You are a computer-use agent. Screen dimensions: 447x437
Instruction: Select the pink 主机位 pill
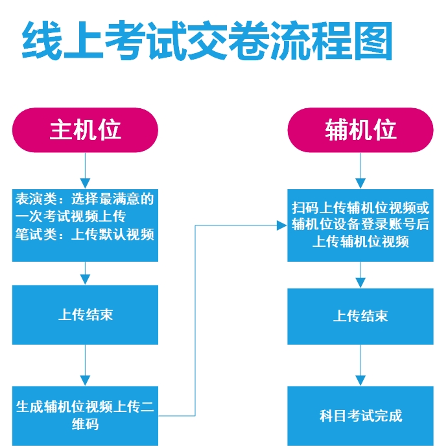pos(86,130)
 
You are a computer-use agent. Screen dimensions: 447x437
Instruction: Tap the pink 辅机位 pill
pos(360,130)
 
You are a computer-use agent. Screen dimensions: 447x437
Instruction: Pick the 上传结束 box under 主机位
pos(85,315)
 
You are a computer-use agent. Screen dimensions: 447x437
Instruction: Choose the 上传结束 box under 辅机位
pos(360,315)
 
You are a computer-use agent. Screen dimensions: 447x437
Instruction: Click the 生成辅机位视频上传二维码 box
pos(85,415)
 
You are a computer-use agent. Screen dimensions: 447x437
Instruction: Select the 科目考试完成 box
pos(360,415)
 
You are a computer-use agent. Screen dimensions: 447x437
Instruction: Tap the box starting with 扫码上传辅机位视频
pos(360,225)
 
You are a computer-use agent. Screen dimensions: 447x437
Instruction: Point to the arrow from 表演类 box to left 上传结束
pos(85,273)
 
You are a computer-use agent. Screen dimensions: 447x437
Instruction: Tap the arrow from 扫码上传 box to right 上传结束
pos(360,275)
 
